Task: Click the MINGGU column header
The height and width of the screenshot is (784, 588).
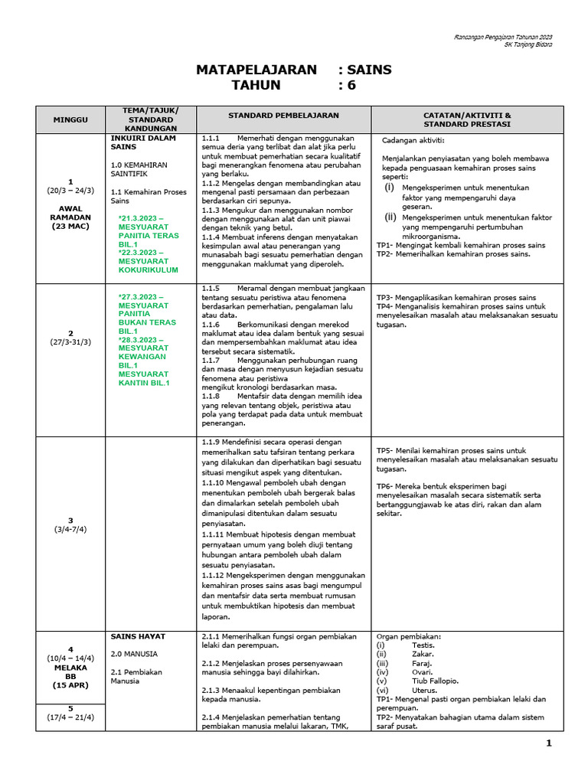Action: [70, 120]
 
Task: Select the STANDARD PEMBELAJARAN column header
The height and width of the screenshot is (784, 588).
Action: [283, 115]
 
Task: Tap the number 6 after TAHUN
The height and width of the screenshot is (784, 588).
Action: [352, 86]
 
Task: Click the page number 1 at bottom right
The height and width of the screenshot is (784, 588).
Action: [548, 743]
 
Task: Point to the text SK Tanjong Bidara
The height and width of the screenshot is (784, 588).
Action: [528, 44]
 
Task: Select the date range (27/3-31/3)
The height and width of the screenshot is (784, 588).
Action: [70, 341]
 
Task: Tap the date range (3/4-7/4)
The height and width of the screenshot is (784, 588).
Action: [70, 529]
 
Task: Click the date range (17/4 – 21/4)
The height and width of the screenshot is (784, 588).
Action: [70, 717]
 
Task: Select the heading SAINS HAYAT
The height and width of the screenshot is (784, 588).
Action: [138, 636]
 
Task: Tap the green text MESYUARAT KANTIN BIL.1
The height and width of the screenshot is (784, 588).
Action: [145, 378]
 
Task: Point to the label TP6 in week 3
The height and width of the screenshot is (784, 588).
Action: [384, 486]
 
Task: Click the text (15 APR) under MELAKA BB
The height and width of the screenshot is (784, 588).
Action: [70, 685]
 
